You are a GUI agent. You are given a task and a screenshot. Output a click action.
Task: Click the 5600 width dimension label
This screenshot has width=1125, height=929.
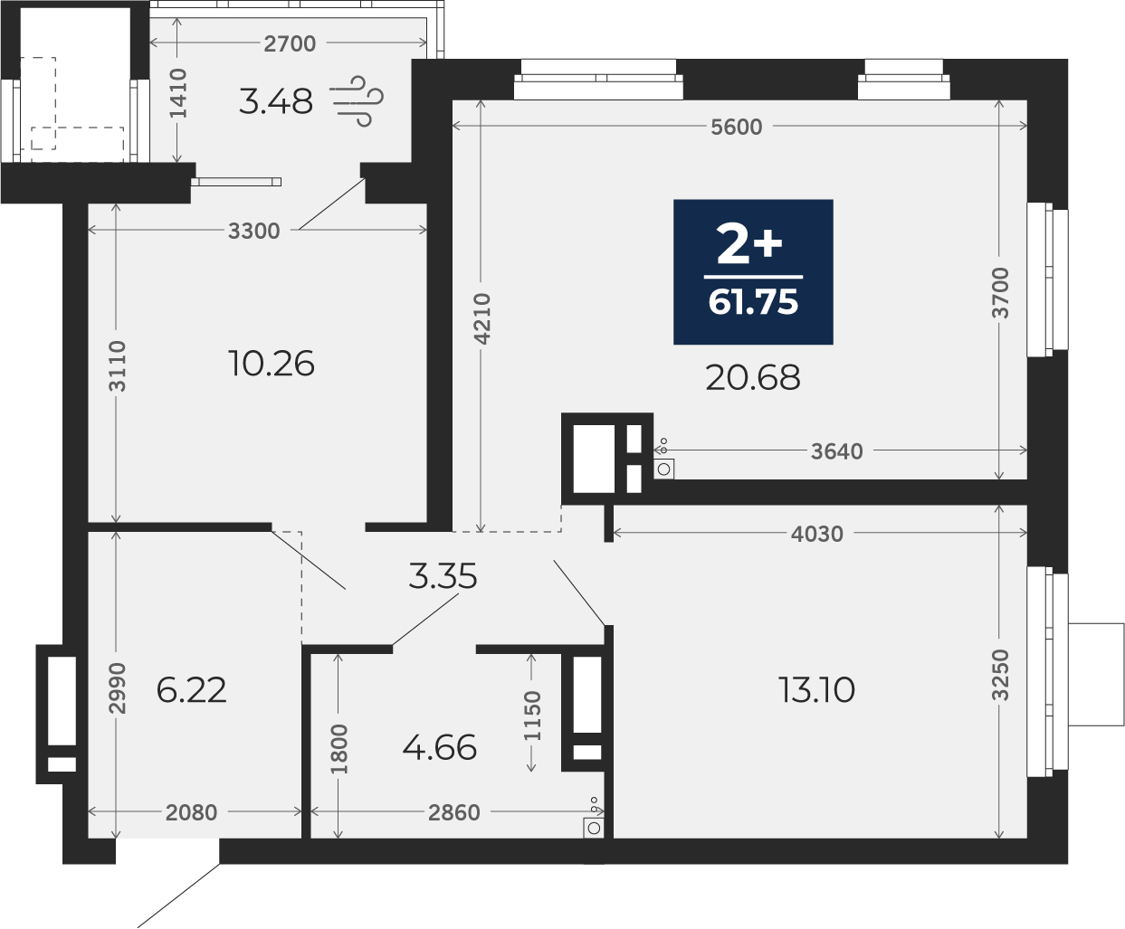tap(736, 128)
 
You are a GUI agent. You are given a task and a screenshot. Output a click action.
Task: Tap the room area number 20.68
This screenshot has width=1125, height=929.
tap(753, 377)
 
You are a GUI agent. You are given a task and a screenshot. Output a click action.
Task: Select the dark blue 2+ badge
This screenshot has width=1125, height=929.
tap(753, 272)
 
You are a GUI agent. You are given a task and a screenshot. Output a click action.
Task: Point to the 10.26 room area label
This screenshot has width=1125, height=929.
tap(271, 364)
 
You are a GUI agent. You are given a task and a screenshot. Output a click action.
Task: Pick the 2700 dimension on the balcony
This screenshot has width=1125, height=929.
tap(290, 43)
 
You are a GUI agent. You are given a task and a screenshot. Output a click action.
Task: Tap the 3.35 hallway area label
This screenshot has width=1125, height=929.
tap(443, 575)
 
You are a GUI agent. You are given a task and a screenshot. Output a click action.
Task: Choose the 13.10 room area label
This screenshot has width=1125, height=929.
tap(816, 690)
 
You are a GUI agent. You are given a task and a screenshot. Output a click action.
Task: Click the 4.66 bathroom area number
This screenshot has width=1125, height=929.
tap(440, 747)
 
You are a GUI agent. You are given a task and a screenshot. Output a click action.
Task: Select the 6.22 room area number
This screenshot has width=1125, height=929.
tap(191, 690)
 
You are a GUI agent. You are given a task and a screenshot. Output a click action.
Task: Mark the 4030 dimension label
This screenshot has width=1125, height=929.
tap(816, 535)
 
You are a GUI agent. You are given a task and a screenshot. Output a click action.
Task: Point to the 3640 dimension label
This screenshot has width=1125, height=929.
tap(837, 451)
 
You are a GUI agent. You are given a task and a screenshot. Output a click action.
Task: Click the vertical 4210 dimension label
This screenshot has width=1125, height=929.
tap(481, 318)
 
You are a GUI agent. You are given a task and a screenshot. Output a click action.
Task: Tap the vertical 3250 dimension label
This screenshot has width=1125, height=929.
tap(1000, 676)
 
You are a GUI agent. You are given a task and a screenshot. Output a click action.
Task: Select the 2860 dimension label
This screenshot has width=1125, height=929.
tap(453, 812)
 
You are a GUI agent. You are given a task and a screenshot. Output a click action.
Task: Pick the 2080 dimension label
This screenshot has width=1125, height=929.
tap(191, 812)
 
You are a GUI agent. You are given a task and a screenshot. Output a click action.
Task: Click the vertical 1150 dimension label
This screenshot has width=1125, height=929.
tap(532, 716)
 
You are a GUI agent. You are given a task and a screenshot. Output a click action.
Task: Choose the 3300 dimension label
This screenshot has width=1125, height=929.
tap(253, 231)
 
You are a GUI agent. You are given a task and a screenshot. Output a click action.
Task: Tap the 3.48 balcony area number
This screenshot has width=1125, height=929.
tap(276, 101)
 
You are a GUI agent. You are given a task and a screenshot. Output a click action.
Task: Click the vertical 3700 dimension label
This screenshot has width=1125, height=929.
tap(1000, 293)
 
